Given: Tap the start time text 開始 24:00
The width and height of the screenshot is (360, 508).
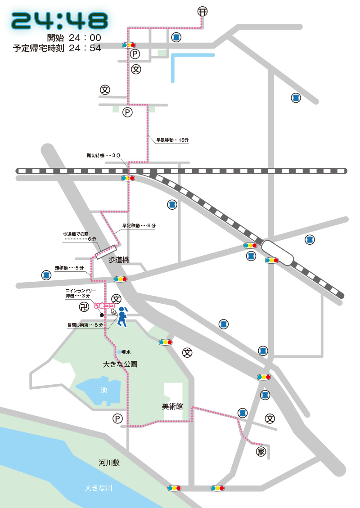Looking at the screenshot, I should pyautogui.click(x=74, y=38).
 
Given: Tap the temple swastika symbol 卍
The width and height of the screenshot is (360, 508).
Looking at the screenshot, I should pyautogui.click(x=84, y=308).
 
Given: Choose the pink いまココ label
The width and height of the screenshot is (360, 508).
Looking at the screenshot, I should pyautogui.click(x=104, y=306).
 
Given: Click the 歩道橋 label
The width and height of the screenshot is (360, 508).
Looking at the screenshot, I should pyautogui.click(x=119, y=260).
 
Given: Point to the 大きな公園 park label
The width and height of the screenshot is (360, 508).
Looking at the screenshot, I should pyautogui.click(x=120, y=364).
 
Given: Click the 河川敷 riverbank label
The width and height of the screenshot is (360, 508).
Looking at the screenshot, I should pyautogui.click(x=109, y=463).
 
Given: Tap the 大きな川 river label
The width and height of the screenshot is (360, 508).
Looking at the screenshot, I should pyautogui.click(x=98, y=488).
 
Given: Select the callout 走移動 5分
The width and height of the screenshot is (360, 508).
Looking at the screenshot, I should pyautogui.click(x=69, y=268).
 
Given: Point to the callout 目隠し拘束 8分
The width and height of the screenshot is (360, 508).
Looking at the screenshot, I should pyautogui.click(x=85, y=325).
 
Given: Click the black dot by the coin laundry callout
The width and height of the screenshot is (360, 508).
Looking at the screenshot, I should pyautogui.click(x=102, y=315).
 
